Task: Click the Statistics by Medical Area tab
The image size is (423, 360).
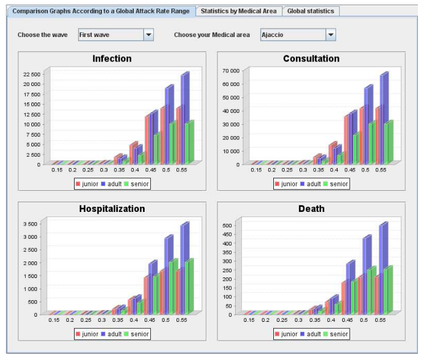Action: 239,11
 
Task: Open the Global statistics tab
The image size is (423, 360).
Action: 311,11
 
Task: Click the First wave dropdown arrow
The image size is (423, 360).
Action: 149,35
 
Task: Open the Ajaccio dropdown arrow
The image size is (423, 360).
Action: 331,35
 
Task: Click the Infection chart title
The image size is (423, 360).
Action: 112,59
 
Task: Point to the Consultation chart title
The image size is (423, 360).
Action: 311,59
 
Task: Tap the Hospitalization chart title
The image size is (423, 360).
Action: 112,209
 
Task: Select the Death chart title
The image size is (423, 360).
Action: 311,209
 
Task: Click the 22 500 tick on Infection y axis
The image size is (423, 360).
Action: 32,74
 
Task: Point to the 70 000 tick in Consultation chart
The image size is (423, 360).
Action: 230,71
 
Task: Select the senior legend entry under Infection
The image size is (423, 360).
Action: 136,184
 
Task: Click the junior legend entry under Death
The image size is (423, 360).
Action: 286,334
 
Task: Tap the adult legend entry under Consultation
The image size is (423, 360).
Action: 311,184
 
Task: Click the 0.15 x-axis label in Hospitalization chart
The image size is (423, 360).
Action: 54,321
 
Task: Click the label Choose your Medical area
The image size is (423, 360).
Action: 212,35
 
